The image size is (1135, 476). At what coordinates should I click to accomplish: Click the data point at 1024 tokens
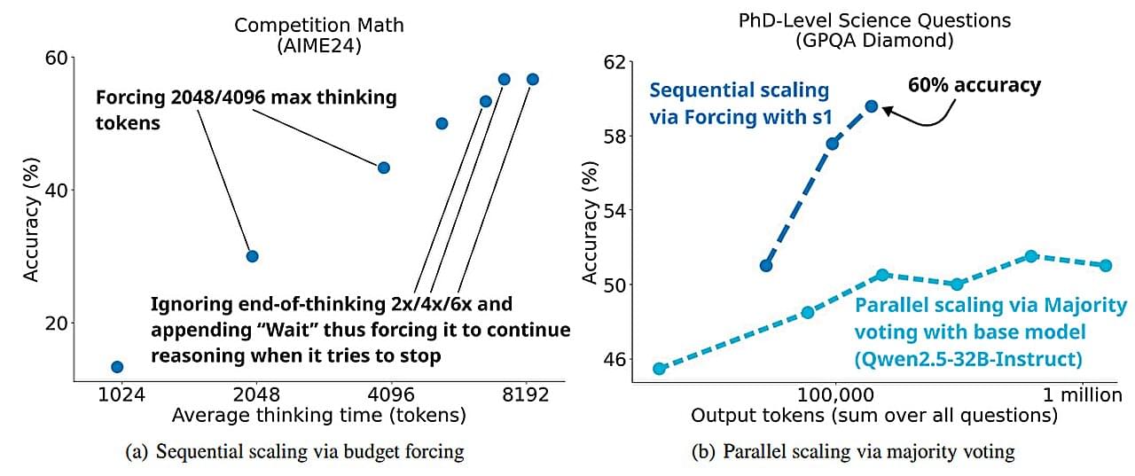117,366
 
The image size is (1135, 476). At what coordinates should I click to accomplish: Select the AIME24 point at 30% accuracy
252,256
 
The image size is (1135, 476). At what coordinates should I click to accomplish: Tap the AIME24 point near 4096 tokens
384,168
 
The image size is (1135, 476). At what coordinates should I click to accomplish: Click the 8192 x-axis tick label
527,394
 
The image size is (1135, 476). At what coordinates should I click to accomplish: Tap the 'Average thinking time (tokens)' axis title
319,415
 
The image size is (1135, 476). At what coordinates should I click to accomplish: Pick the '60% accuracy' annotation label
975,86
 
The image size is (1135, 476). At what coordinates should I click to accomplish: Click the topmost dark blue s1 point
871,106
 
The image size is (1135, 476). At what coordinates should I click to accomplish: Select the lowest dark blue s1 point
766,265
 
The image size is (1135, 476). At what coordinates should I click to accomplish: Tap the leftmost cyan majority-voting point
659,369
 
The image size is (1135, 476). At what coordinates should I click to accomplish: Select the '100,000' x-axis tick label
836,394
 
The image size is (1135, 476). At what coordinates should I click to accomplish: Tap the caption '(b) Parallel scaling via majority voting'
853,452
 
